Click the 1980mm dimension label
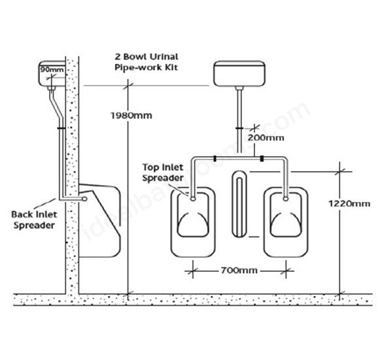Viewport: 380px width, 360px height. (131, 116)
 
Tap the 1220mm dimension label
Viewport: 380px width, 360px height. (349, 204)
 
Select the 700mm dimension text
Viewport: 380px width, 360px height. (239, 270)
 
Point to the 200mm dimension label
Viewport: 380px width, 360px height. (266, 138)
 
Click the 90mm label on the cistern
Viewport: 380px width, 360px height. (52, 70)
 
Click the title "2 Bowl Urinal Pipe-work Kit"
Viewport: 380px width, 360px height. (147, 62)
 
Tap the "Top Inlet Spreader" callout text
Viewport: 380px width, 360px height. (163, 172)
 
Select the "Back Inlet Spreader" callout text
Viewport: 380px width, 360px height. (34, 220)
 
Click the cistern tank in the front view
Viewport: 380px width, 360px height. (239, 74)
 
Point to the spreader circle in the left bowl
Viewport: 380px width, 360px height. (193, 199)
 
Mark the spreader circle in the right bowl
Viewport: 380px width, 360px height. (286, 199)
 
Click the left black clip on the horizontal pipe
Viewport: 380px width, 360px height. (215, 159)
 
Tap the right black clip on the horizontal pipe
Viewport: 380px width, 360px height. (262, 159)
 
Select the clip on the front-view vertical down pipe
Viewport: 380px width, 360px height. (239, 128)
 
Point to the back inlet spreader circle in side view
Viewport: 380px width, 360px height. (84, 199)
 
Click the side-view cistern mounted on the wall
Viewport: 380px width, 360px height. (52, 74)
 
